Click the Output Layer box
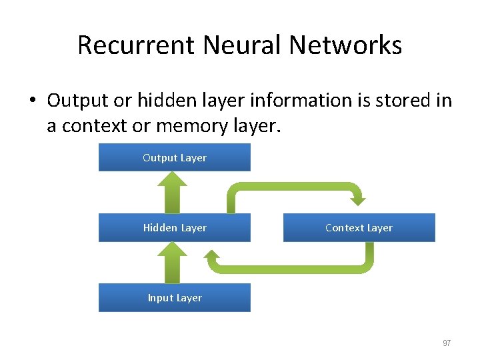coord(175,158)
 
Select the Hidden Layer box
coord(175,228)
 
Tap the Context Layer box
coord(359,228)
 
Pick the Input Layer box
coord(175,298)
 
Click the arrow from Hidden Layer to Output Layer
coord(175,193)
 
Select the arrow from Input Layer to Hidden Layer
coord(175,263)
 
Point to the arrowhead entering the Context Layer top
coord(358,198)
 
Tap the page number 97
coord(447,343)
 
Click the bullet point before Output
coord(31,101)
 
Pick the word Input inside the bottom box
coord(160,298)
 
